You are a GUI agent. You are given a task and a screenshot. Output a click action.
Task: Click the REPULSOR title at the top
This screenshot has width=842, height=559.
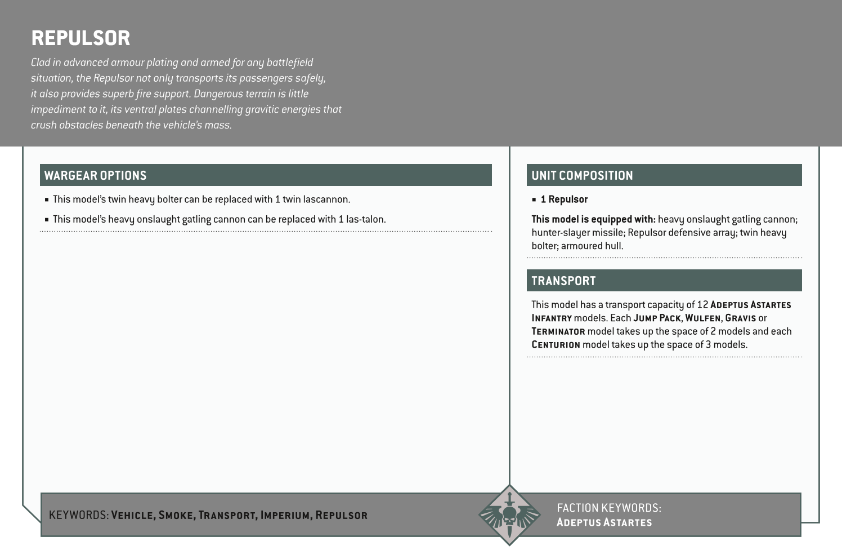tap(80, 38)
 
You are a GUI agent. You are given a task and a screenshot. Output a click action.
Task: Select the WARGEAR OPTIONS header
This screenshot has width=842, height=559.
tap(95, 175)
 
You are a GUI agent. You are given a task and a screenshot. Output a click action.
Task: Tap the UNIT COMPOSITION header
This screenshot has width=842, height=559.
tap(582, 175)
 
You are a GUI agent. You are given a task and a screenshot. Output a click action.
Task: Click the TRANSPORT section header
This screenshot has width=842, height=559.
tap(563, 281)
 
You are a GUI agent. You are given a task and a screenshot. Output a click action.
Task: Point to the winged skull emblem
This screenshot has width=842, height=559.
tap(509, 515)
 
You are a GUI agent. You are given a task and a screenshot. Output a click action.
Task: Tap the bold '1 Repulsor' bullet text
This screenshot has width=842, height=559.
tap(564, 199)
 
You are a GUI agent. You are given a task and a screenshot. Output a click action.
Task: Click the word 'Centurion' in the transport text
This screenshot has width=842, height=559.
tap(556, 345)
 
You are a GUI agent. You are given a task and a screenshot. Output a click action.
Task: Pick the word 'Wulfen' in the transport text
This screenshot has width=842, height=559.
tap(703, 318)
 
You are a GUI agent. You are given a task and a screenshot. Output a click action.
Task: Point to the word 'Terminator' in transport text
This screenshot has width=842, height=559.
tap(558, 332)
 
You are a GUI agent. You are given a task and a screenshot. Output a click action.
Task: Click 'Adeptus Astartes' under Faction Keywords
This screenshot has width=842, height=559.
tap(604, 522)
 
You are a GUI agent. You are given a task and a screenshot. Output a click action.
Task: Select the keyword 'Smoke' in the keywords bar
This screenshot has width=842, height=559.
tap(176, 515)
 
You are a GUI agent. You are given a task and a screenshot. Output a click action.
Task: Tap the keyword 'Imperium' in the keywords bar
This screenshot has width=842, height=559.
tap(285, 515)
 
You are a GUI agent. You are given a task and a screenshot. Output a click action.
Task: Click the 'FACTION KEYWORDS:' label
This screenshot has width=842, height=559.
tap(608, 508)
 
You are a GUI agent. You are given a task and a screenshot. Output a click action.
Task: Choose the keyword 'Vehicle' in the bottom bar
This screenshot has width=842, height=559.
tap(132, 515)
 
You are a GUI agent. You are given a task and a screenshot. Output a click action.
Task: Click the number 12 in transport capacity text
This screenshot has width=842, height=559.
tap(702, 305)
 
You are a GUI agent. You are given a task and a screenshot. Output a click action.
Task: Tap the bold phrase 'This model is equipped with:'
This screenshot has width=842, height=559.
tap(593, 219)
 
